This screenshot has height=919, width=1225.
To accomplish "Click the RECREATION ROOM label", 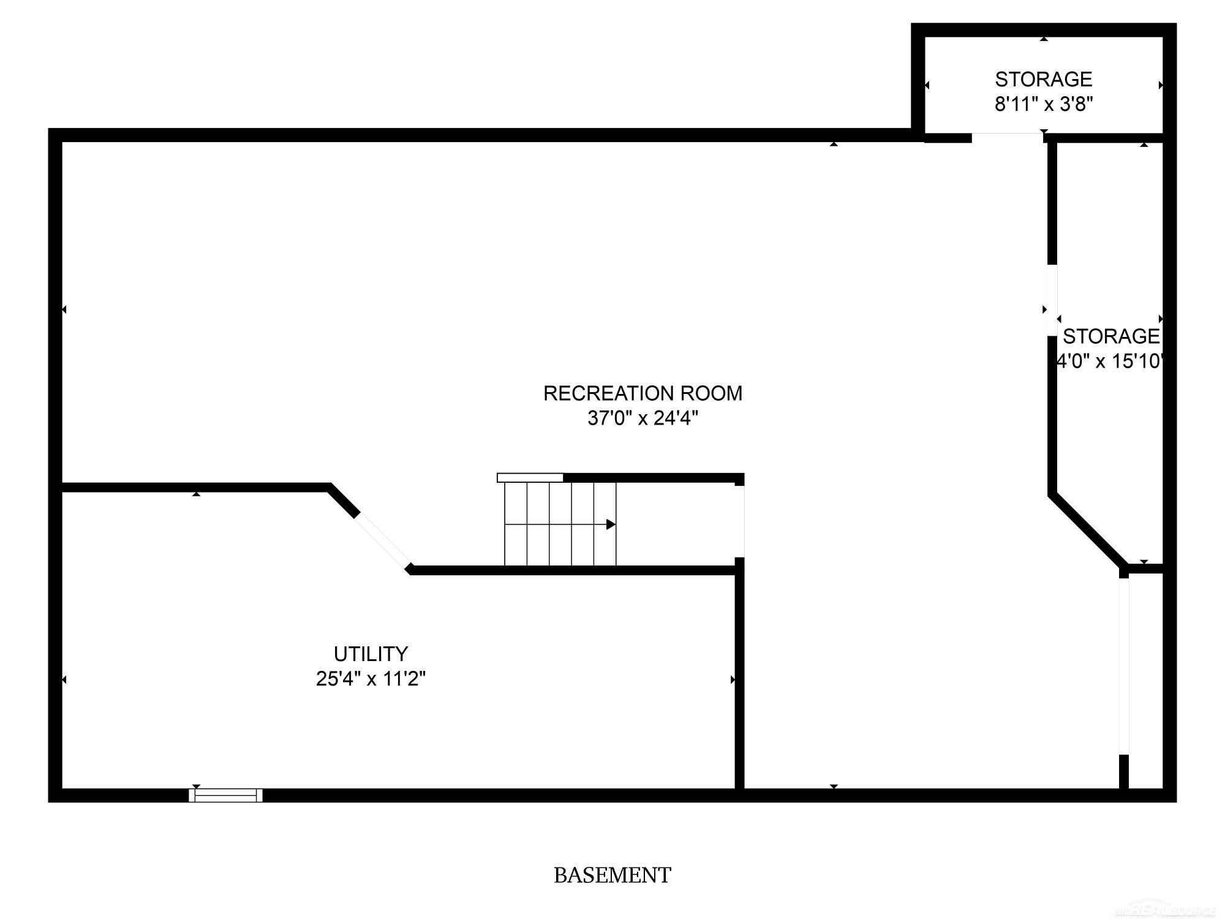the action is point(643,393).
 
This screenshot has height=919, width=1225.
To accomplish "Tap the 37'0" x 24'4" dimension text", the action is point(643,418).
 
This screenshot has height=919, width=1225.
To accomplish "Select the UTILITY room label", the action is point(371,654).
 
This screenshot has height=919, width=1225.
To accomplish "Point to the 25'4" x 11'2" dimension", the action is point(371,679).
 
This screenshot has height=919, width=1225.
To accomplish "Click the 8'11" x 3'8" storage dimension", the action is point(1044,105).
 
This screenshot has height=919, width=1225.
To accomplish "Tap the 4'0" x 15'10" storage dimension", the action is point(1109,361).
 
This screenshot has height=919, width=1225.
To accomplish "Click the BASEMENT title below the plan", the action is point(612,875).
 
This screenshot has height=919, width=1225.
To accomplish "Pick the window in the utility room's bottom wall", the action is point(225,795).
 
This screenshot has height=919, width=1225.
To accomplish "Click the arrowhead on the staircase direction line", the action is point(611,524).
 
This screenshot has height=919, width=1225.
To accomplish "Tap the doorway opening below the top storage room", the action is point(1008,137).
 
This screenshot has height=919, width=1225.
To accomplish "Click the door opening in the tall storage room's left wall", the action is point(1052,300).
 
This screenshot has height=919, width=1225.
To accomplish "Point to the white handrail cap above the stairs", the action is point(530,478).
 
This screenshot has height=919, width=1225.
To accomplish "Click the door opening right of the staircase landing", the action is point(739,521).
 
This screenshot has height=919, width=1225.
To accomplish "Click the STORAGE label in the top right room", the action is point(1044,80).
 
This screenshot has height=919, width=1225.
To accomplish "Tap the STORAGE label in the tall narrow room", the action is point(1111,336).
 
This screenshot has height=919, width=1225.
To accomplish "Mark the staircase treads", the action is point(560,524).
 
